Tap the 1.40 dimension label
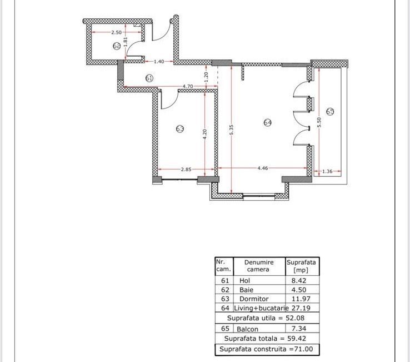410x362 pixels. (159, 61)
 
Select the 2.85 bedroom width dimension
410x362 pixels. (186, 169)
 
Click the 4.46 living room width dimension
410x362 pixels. (263, 167)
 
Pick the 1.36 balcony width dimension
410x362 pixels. (327, 171)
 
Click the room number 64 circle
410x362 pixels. (267, 122)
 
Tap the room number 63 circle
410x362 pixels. (180, 128)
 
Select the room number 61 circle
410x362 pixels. (149, 78)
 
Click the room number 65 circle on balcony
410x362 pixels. (330, 111)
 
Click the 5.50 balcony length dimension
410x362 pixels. (319, 122)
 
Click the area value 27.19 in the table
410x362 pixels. (303, 308)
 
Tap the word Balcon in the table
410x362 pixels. (249, 329)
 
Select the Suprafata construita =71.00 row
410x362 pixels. (267, 349)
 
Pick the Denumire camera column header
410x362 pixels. (258, 265)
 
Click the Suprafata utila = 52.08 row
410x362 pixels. (267, 318)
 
